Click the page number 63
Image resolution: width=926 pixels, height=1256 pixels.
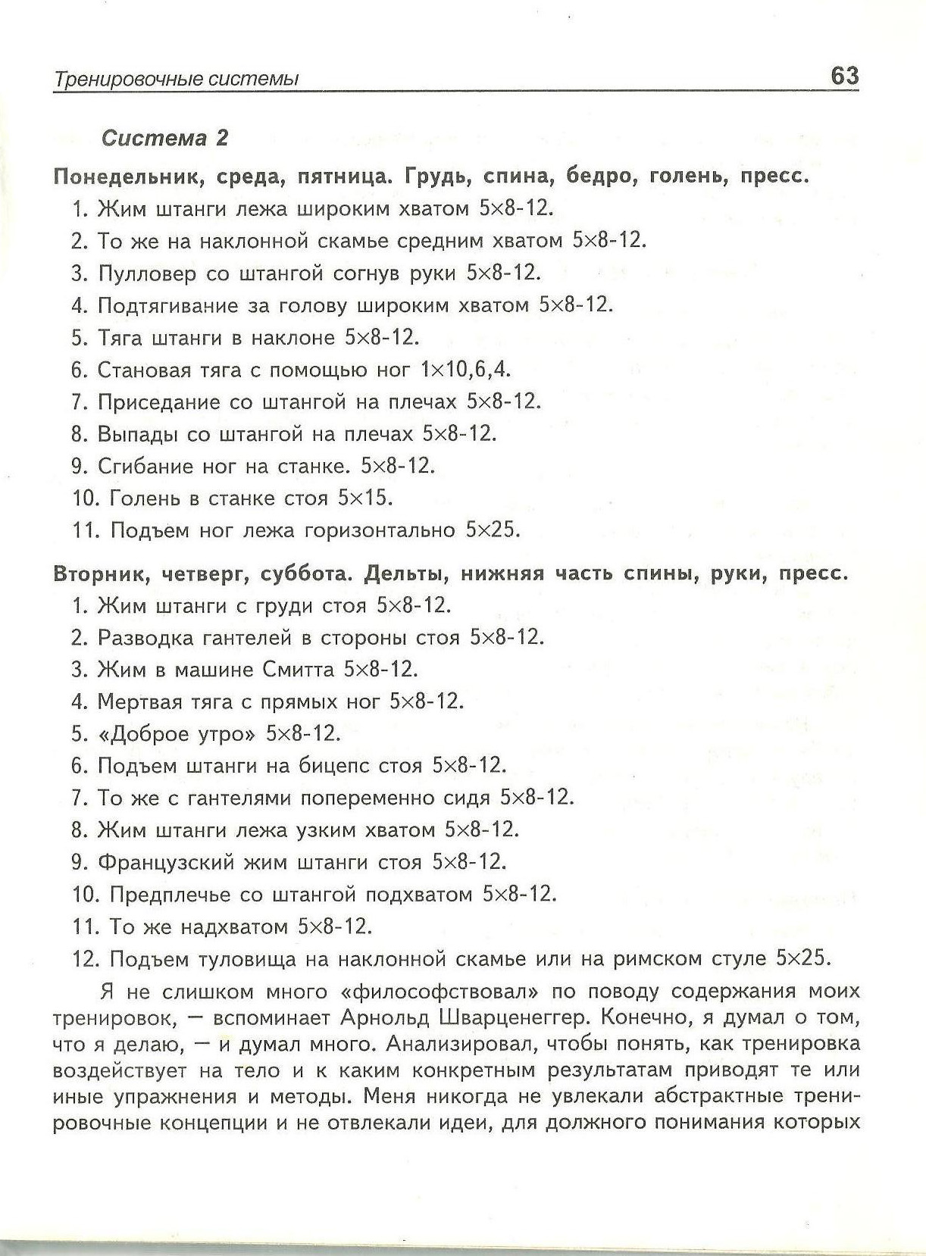point(844,76)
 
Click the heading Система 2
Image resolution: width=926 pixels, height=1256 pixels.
point(164,138)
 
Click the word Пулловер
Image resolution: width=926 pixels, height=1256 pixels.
point(146,273)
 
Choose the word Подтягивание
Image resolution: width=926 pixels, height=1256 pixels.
point(167,305)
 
